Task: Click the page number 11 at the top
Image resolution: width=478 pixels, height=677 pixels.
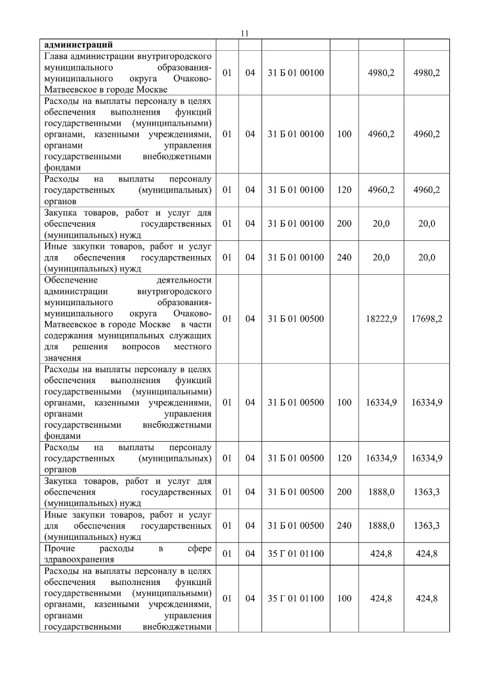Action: tap(244, 33)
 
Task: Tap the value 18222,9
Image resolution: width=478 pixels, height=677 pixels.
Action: tap(381, 319)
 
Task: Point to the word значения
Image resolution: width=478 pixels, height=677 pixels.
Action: tap(63, 357)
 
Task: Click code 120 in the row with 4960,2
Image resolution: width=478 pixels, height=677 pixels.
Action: tap(344, 190)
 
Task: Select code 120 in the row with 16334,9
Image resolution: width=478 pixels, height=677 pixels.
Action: tap(344, 458)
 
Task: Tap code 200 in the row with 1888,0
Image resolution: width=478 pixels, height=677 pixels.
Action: tap(344, 491)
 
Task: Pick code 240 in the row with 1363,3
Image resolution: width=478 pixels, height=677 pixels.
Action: tap(344, 525)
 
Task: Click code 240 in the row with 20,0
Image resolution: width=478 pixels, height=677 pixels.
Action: tap(344, 257)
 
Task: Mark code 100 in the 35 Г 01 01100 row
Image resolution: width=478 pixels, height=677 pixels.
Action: tap(344, 598)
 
